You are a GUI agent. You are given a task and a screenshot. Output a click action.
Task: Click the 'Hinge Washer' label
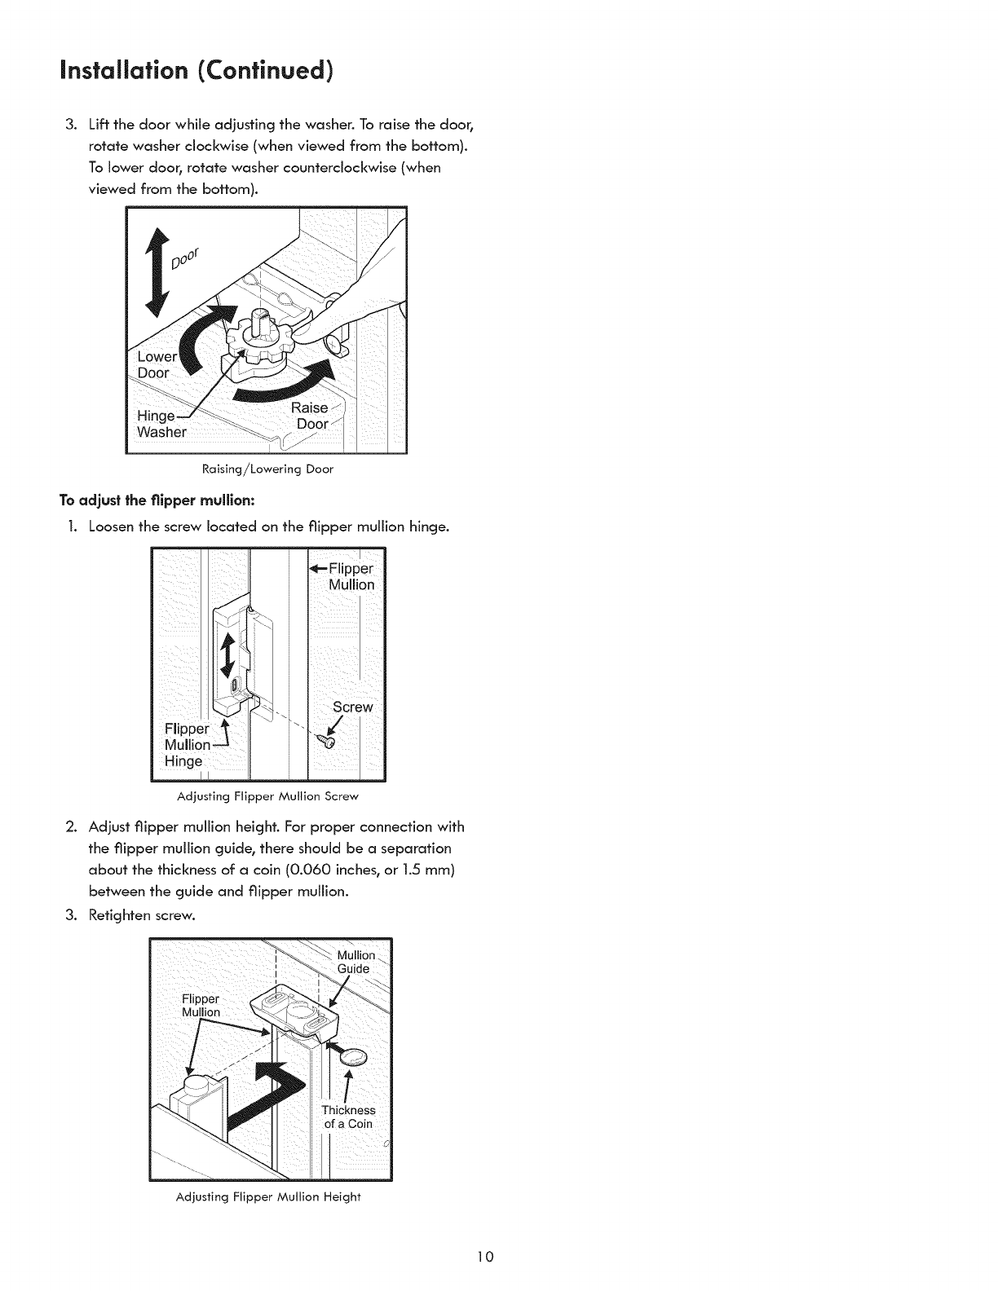161,424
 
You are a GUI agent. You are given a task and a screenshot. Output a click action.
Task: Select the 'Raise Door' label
311,416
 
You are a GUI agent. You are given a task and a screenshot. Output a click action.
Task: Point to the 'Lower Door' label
154,364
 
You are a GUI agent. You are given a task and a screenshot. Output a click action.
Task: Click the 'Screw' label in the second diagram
352,707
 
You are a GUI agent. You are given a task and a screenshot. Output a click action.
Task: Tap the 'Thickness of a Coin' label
348,1117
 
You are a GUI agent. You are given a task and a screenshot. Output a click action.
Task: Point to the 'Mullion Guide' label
356,962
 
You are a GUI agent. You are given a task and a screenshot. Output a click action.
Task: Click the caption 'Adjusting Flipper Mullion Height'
268,1197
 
